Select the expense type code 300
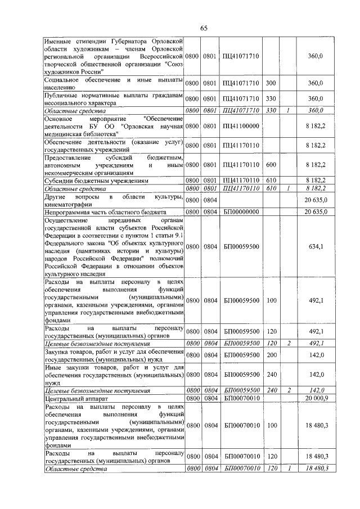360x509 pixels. (x=271, y=83)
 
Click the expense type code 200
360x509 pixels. (x=271, y=355)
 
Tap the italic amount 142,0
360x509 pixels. (x=316, y=390)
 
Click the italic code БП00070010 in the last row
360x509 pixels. (x=241, y=468)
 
